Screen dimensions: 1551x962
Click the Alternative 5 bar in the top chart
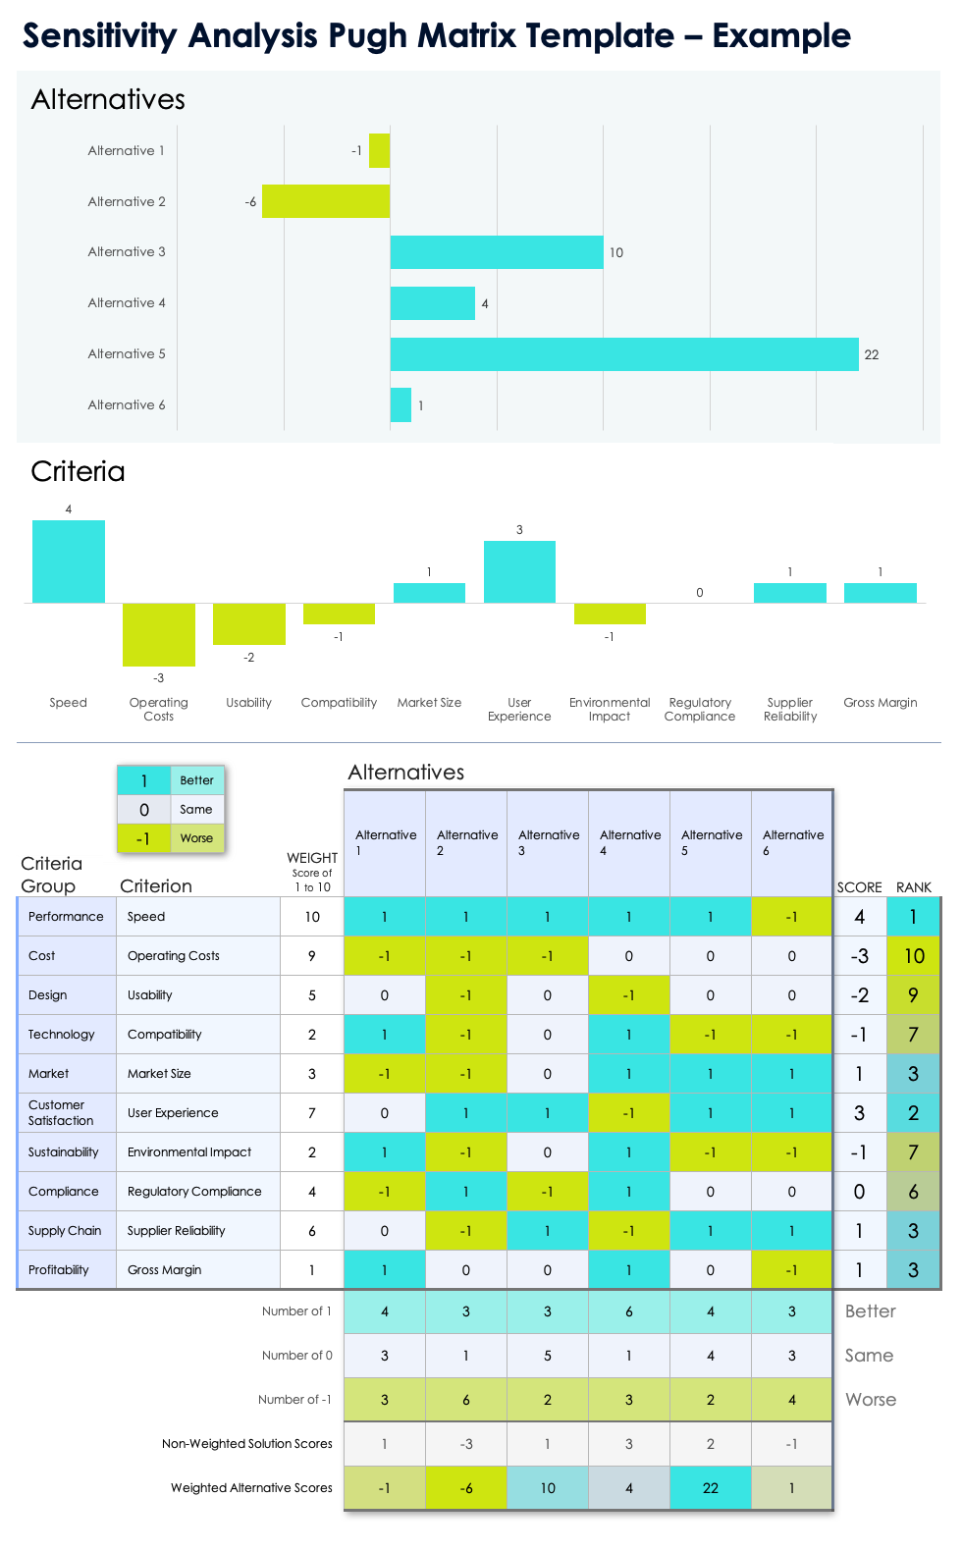point(624,354)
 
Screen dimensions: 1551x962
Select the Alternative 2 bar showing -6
point(326,201)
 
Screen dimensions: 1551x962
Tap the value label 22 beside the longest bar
point(872,355)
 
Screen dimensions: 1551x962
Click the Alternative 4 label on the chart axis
point(127,303)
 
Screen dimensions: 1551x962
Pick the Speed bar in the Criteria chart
point(69,562)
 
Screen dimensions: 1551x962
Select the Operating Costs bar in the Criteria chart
point(159,634)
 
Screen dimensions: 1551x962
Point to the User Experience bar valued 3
point(519,571)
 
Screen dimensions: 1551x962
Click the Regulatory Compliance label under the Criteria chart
point(700,710)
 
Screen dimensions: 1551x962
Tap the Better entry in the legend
point(196,780)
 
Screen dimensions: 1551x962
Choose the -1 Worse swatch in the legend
point(143,838)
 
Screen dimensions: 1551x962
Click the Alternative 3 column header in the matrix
point(548,842)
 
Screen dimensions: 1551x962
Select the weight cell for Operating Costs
point(312,956)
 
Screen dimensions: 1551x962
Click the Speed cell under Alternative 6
point(791,917)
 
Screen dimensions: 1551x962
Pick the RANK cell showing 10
point(914,956)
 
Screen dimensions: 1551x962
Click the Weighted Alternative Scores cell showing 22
point(711,1488)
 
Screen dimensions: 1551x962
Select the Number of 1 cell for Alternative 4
point(629,1311)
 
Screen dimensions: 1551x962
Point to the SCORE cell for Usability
point(859,995)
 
